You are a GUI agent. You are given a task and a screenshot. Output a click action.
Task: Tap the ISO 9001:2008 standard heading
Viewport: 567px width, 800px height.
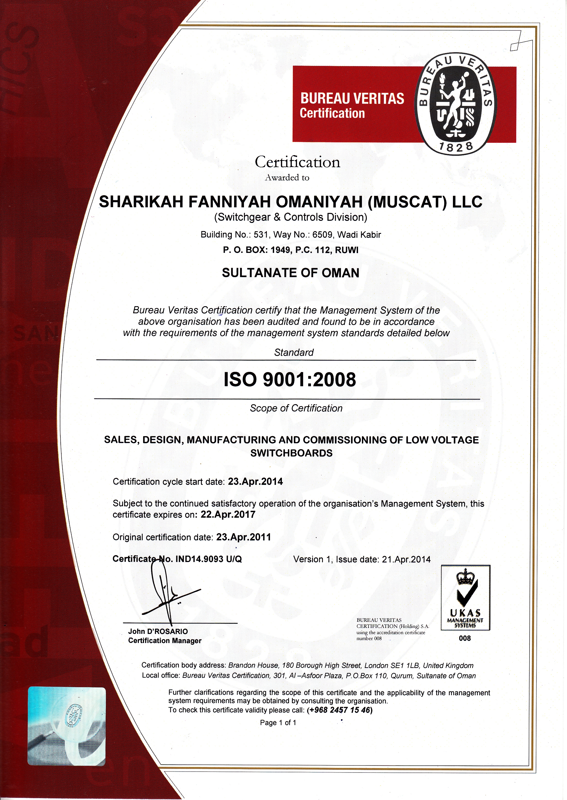click(x=289, y=379)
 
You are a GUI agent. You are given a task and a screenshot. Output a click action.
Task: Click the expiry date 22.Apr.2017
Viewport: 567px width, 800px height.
click(x=228, y=515)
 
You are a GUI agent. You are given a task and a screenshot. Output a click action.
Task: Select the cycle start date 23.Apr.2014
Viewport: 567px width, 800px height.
click(x=255, y=481)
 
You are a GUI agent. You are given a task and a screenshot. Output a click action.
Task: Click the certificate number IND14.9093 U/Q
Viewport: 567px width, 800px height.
click(x=209, y=559)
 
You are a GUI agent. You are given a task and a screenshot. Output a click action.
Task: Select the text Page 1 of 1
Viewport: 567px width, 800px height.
click(x=278, y=722)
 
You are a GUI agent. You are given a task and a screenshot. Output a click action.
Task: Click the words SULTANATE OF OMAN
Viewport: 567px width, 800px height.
click(x=291, y=273)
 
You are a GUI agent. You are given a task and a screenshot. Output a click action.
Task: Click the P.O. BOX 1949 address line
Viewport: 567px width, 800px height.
click(x=291, y=250)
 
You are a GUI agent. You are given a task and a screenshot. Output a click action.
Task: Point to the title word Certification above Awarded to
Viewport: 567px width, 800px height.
click(x=297, y=162)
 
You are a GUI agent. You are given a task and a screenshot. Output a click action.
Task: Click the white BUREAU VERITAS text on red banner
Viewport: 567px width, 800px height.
click(x=352, y=99)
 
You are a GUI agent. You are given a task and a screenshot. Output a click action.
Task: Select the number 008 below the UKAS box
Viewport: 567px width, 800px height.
click(x=465, y=638)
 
